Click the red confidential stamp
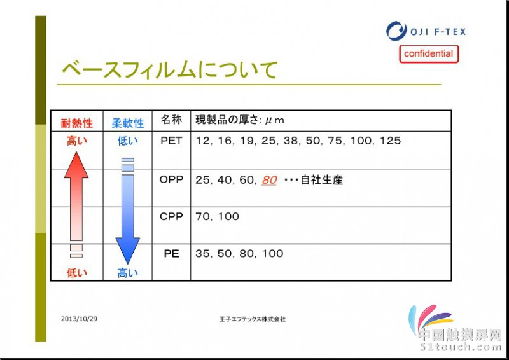pyautogui.click(x=429, y=54)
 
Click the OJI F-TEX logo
pyautogui.click(x=426, y=31)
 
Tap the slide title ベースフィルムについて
pyautogui.click(x=170, y=69)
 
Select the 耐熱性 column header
pyautogui.click(x=77, y=123)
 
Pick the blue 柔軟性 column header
pyautogui.click(x=128, y=123)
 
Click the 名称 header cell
pyautogui.click(x=171, y=120)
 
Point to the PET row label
pyautogui.click(x=171, y=141)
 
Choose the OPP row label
pyautogui.click(x=171, y=179)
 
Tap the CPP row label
pyautogui.click(x=171, y=216)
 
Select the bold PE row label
pyautogui.click(x=171, y=254)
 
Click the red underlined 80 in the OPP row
pyautogui.click(x=269, y=180)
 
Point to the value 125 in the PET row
pyautogui.click(x=390, y=141)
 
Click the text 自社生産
pyautogui.click(x=322, y=180)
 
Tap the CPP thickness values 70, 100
pyautogui.click(x=217, y=216)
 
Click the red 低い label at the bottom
pyautogui.click(x=77, y=273)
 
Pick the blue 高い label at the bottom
pyautogui.click(x=128, y=273)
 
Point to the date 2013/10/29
pyautogui.click(x=79, y=319)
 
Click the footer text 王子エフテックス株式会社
pyautogui.click(x=253, y=319)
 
